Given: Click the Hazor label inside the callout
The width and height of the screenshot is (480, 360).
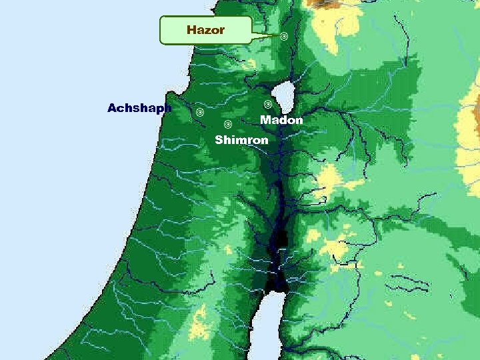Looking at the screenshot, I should tap(205, 30).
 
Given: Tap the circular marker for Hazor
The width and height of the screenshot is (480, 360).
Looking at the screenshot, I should tap(284, 36).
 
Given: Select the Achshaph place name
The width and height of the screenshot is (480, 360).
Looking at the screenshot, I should tap(139, 108).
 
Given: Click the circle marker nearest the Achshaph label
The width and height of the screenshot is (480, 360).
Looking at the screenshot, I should tap(199, 112).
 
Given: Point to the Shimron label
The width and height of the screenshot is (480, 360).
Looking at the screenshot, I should tap(241, 140).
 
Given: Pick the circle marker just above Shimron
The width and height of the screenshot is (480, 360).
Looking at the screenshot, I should tap(227, 124).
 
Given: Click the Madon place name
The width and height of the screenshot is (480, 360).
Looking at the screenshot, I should tap(281, 120).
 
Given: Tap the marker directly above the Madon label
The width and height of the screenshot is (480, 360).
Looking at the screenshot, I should tap(267, 105).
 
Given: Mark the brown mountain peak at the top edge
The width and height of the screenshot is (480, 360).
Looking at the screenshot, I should tap(323, 3).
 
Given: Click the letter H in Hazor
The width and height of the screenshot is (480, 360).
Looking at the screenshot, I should tap(192, 30).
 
